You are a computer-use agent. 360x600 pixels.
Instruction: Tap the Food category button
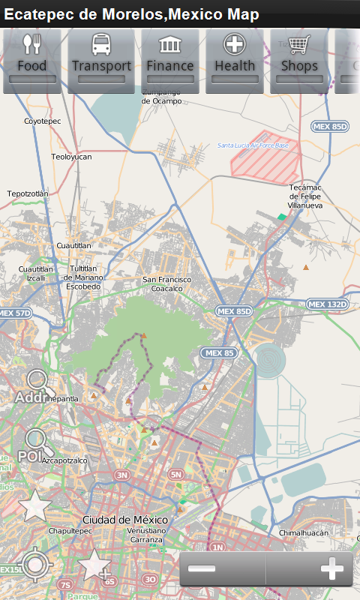[x=32, y=60]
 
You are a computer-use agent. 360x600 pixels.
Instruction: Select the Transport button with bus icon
[x=101, y=60]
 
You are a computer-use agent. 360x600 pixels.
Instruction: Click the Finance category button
[x=170, y=60]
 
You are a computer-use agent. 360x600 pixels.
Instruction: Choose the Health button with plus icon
[x=235, y=60]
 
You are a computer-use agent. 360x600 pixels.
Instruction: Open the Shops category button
[x=299, y=60]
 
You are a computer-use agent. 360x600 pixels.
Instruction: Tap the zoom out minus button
[x=202, y=569]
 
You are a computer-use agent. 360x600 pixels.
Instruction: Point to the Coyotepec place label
[x=41, y=121]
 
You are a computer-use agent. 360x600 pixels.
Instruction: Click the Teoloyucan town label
[x=71, y=157]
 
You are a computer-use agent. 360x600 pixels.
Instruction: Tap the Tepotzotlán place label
[x=28, y=193]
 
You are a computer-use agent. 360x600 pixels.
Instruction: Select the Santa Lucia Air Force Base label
[x=253, y=145]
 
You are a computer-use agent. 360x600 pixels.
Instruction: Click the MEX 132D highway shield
[x=328, y=304]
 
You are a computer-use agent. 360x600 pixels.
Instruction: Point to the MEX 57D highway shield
[x=15, y=313]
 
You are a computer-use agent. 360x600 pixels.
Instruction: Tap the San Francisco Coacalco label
[x=166, y=283]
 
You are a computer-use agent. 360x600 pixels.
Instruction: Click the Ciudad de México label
[x=120, y=520]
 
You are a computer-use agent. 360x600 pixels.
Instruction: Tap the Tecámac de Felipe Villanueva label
[x=305, y=197]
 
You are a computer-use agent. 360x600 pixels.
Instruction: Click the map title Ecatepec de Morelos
[x=131, y=14]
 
